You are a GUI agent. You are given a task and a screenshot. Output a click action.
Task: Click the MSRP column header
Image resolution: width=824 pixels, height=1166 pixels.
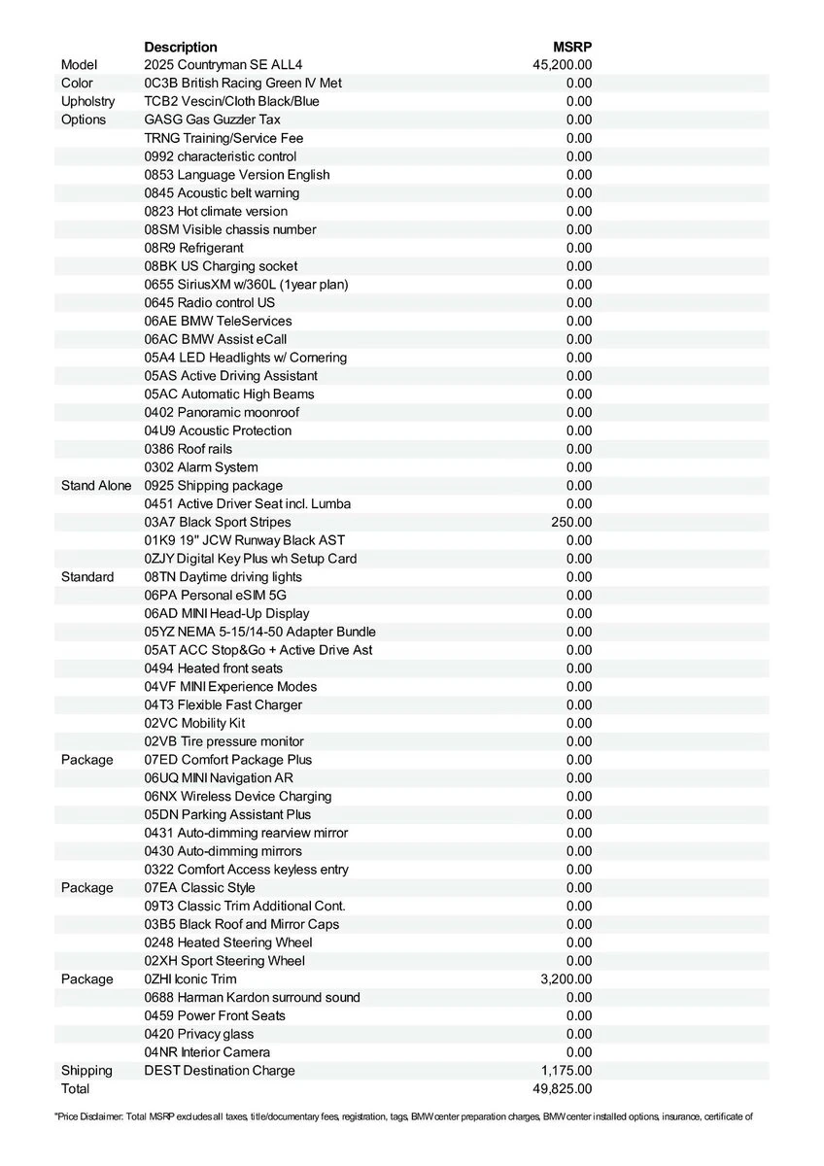click(x=572, y=47)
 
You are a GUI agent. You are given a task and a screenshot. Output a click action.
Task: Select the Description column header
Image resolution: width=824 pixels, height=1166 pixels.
click(x=181, y=47)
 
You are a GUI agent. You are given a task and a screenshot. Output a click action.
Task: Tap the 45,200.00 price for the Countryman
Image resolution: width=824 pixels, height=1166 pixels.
click(x=563, y=65)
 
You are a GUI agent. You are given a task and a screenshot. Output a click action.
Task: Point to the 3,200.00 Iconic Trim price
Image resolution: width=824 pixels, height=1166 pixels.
click(x=566, y=978)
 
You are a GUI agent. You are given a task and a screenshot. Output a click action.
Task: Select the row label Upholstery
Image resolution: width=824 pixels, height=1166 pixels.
click(x=87, y=101)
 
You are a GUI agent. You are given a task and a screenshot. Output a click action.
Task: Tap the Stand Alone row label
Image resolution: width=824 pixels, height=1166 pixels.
click(x=96, y=485)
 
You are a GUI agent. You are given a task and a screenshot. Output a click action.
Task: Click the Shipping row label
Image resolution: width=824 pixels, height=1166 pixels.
click(x=86, y=1070)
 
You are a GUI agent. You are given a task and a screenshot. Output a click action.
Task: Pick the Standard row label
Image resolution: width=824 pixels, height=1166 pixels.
click(x=87, y=576)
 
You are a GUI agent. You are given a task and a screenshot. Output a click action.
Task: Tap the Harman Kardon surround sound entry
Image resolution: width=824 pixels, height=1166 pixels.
click(x=252, y=997)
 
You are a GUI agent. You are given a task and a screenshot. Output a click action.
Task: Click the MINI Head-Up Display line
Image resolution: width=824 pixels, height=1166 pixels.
click(x=226, y=613)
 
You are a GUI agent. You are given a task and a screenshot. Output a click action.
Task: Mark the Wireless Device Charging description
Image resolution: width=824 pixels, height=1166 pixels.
click(x=237, y=796)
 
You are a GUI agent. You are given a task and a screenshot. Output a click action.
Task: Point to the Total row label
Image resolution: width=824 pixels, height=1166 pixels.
click(x=75, y=1088)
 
